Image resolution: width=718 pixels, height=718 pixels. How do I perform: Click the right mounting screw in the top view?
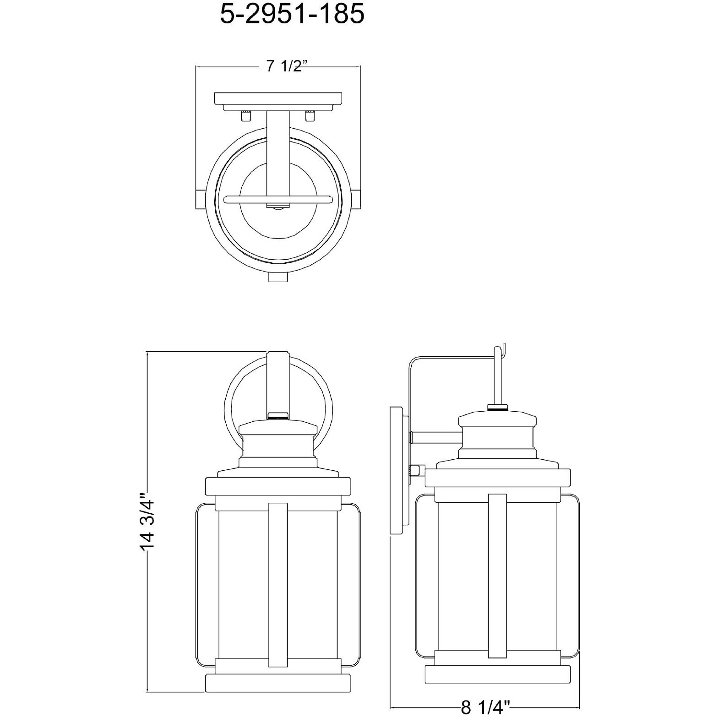[310, 116]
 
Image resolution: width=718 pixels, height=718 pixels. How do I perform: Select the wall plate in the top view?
[278, 98]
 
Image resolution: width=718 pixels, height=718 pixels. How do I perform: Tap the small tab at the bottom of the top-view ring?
[278, 277]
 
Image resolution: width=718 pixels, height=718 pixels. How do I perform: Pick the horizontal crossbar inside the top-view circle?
[278, 199]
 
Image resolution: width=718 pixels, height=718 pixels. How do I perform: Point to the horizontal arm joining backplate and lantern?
[435, 438]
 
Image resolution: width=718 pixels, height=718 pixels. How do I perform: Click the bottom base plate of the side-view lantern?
[498, 674]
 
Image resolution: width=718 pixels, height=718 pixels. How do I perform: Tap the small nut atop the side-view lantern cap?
[498, 407]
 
